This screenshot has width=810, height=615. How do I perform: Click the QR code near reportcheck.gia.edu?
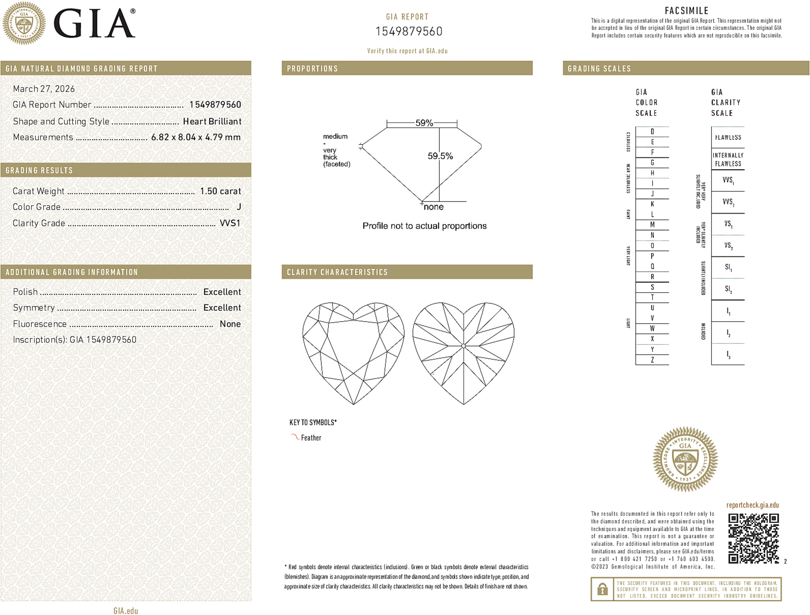(x=753, y=538)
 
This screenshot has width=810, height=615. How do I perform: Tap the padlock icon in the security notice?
(x=602, y=589)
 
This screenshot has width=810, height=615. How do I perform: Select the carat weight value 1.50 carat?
(x=220, y=191)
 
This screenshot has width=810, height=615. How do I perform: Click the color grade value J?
(x=239, y=207)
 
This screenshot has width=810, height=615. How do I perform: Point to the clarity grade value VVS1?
(x=230, y=223)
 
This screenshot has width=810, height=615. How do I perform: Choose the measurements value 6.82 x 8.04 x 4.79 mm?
(x=195, y=138)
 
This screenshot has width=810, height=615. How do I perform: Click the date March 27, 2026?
(x=44, y=89)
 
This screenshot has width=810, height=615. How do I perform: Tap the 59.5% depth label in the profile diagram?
(x=440, y=156)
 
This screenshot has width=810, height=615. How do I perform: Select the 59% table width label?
(x=424, y=123)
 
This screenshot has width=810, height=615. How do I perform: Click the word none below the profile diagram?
(x=433, y=207)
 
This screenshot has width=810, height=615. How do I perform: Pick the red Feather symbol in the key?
(x=295, y=437)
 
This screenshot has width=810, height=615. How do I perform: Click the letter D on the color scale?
(x=652, y=131)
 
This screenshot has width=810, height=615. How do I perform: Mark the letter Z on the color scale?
(x=652, y=360)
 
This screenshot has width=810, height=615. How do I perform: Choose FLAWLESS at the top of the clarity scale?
(x=728, y=138)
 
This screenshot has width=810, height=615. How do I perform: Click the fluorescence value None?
(x=230, y=324)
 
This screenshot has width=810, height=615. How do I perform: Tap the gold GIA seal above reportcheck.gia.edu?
(x=685, y=459)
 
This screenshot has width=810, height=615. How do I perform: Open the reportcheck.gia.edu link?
(x=752, y=505)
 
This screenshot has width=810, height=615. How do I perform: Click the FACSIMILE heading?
(x=686, y=11)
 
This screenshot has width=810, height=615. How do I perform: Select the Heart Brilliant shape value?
(x=212, y=122)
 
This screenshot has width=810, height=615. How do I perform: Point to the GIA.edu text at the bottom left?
(x=125, y=611)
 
